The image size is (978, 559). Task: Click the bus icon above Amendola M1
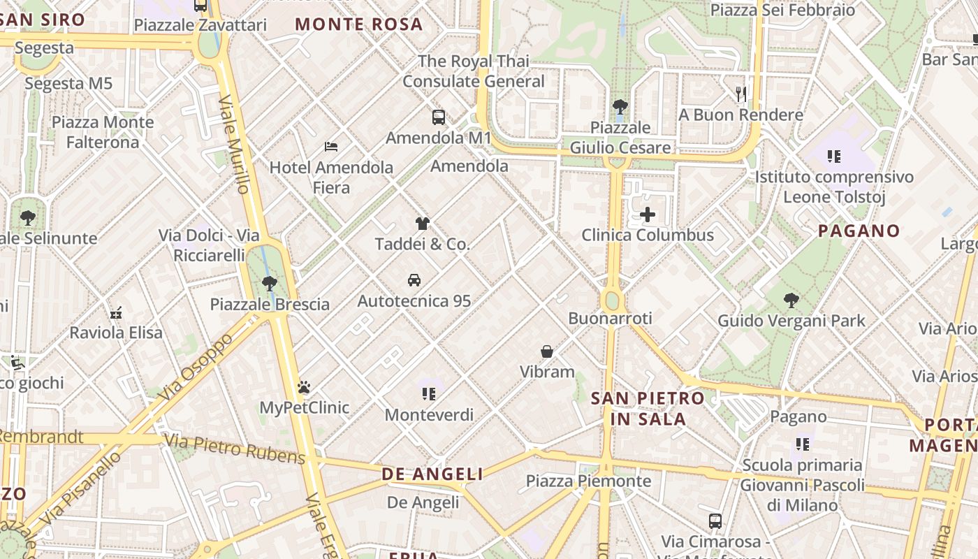pyautogui.click(x=439, y=117)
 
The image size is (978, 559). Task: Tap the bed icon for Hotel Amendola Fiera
pyautogui.click(x=331, y=147)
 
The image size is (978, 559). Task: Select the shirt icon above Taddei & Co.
pyautogui.click(x=423, y=224)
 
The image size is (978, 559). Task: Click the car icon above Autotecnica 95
pyautogui.click(x=414, y=280)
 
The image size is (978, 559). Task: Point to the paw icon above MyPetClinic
pyautogui.click(x=304, y=386)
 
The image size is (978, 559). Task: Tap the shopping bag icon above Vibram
pyautogui.click(x=547, y=351)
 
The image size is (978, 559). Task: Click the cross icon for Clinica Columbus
pyautogui.click(x=648, y=215)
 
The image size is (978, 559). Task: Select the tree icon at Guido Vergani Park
pyautogui.click(x=791, y=300)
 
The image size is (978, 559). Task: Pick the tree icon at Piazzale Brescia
pyautogui.click(x=270, y=284)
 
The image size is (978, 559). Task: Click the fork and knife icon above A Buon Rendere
pyautogui.click(x=741, y=94)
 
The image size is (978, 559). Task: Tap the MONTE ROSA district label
pyautogui.click(x=359, y=24)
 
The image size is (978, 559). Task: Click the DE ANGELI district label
pyautogui.click(x=432, y=474)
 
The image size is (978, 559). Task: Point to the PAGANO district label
pyautogui.click(x=859, y=231)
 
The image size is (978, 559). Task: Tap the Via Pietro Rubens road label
pyautogui.click(x=235, y=449)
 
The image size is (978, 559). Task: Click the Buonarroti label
pyautogui.click(x=610, y=319)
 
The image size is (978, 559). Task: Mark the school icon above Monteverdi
pyautogui.click(x=429, y=394)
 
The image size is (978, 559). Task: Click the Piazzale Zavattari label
pyautogui.click(x=200, y=25)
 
